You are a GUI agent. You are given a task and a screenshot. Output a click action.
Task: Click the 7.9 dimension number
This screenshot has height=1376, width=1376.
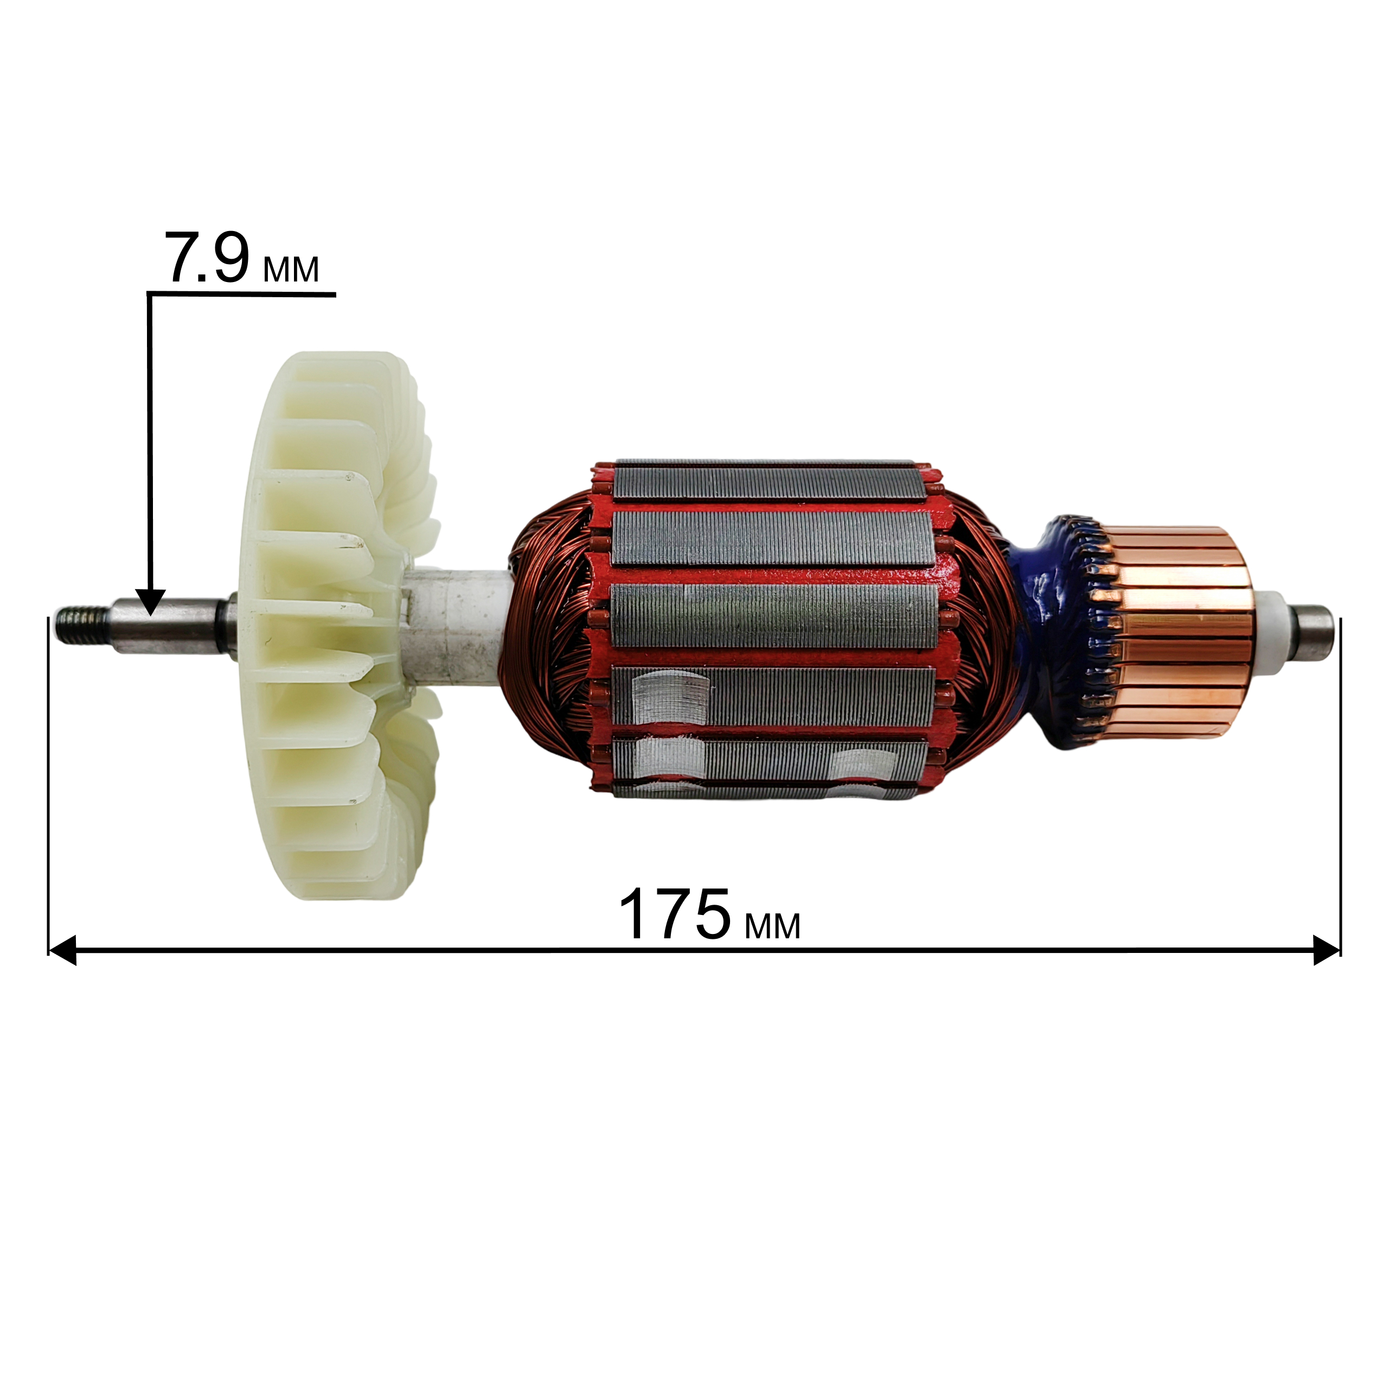pyautogui.click(x=207, y=257)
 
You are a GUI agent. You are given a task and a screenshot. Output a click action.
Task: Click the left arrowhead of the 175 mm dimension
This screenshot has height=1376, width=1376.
pyautogui.click(x=62, y=951)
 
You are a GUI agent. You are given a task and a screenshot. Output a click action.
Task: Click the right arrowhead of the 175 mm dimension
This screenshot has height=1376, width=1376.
pyautogui.click(x=1327, y=951)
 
